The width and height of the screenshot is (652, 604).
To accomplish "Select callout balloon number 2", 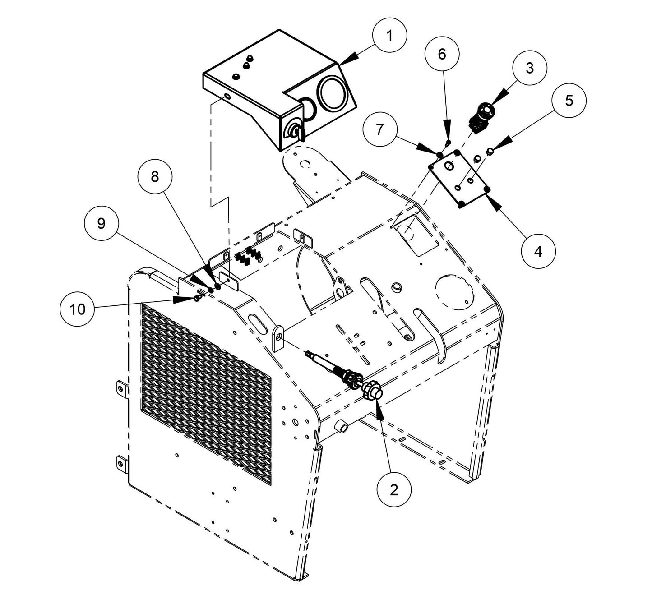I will tap(394, 490).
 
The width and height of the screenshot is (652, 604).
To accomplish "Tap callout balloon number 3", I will tap(529, 68).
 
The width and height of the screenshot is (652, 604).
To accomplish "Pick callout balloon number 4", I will tap(538, 251).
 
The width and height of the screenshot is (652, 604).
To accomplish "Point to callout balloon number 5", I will tap(569, 100).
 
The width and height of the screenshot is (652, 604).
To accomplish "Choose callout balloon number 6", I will tap(442, 54).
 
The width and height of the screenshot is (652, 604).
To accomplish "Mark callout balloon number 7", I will tap(379, 130).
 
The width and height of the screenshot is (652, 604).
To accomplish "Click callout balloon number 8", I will tap(155, 177).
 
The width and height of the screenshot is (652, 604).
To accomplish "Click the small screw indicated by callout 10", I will tap(197, 298).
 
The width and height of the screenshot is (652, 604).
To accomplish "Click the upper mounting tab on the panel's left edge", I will tap(121, 387).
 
